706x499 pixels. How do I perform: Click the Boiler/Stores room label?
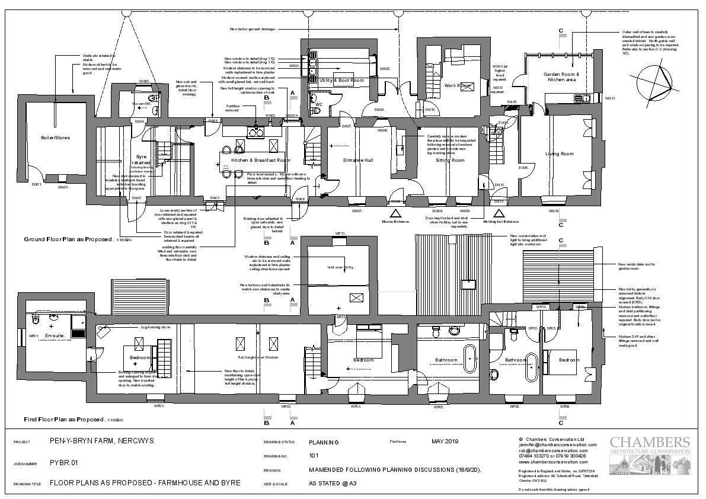55,137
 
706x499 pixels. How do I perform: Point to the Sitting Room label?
450,160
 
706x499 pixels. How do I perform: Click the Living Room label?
559,153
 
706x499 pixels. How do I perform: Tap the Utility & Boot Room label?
341,80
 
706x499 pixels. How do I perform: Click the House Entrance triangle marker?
395,213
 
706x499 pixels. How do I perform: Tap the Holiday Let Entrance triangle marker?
500,213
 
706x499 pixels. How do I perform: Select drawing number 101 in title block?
314,456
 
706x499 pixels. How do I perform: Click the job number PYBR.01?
64,463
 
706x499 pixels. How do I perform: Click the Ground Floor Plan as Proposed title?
68,239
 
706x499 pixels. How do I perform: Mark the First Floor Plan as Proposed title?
63,419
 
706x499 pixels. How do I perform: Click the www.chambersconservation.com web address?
553,462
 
